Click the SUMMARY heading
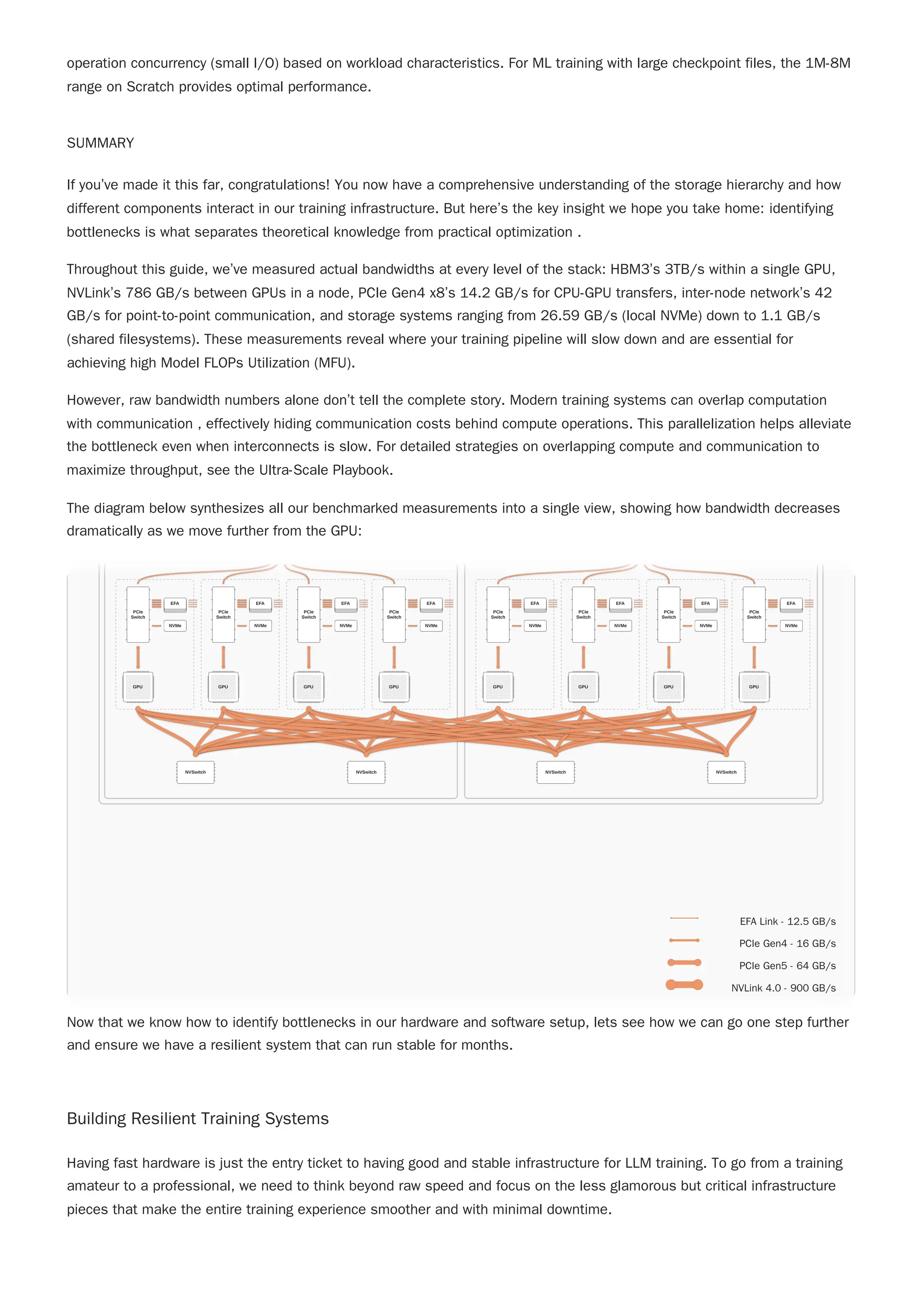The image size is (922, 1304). pyautogui.click(x=100, y=143)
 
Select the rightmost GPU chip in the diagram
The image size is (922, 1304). pyautogui.click(x=754, y=686)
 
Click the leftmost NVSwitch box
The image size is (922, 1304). pyautogui.click(x=195, y=772)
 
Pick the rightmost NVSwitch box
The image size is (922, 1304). pyautogui.click(x=726, y=772)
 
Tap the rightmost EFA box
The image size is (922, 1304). pyautogui.click(x=791, y=604)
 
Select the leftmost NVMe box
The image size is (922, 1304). pyautogui.click(x=175, y=625)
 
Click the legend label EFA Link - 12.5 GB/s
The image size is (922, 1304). pyautogui.click(x=787, y=922)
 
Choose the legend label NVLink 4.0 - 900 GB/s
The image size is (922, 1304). pyautogui.click(x=783, y=988)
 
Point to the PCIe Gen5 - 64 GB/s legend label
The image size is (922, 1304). pyautogui.click(x=787, y=966)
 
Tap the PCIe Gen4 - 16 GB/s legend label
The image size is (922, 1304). pyautogui.click(x=787, y=944)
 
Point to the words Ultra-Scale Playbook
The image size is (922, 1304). pyautogui.click(x=325, y=470)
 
